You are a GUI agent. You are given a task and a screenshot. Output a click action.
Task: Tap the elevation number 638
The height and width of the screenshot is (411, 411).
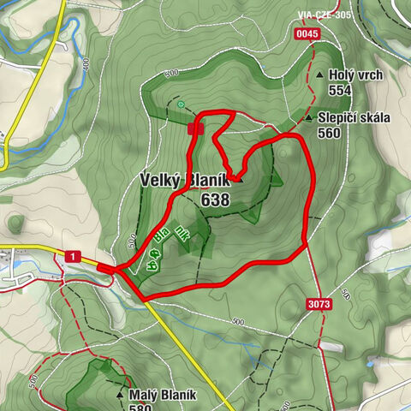point(215,200)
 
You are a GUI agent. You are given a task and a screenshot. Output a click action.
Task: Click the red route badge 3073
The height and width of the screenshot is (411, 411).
point(318,303)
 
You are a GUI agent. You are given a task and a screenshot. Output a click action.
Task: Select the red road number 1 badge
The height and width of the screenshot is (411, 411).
point(74,256)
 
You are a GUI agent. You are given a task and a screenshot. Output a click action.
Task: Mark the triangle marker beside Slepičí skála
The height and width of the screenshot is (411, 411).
point(307,118)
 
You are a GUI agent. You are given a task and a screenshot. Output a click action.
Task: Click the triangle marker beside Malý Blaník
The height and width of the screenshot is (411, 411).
point(119,396)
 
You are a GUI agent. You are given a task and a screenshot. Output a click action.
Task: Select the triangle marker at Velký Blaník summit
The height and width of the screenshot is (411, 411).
point(240,180)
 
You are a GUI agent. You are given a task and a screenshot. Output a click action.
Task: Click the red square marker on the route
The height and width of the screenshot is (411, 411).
point(195,128)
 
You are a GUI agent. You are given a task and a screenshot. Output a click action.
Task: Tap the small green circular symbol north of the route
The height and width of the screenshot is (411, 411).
point(182,104)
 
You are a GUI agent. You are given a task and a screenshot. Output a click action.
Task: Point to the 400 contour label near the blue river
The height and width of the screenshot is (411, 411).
point(86,63)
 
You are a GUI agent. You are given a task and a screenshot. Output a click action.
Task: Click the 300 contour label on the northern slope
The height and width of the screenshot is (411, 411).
point(173,73)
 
